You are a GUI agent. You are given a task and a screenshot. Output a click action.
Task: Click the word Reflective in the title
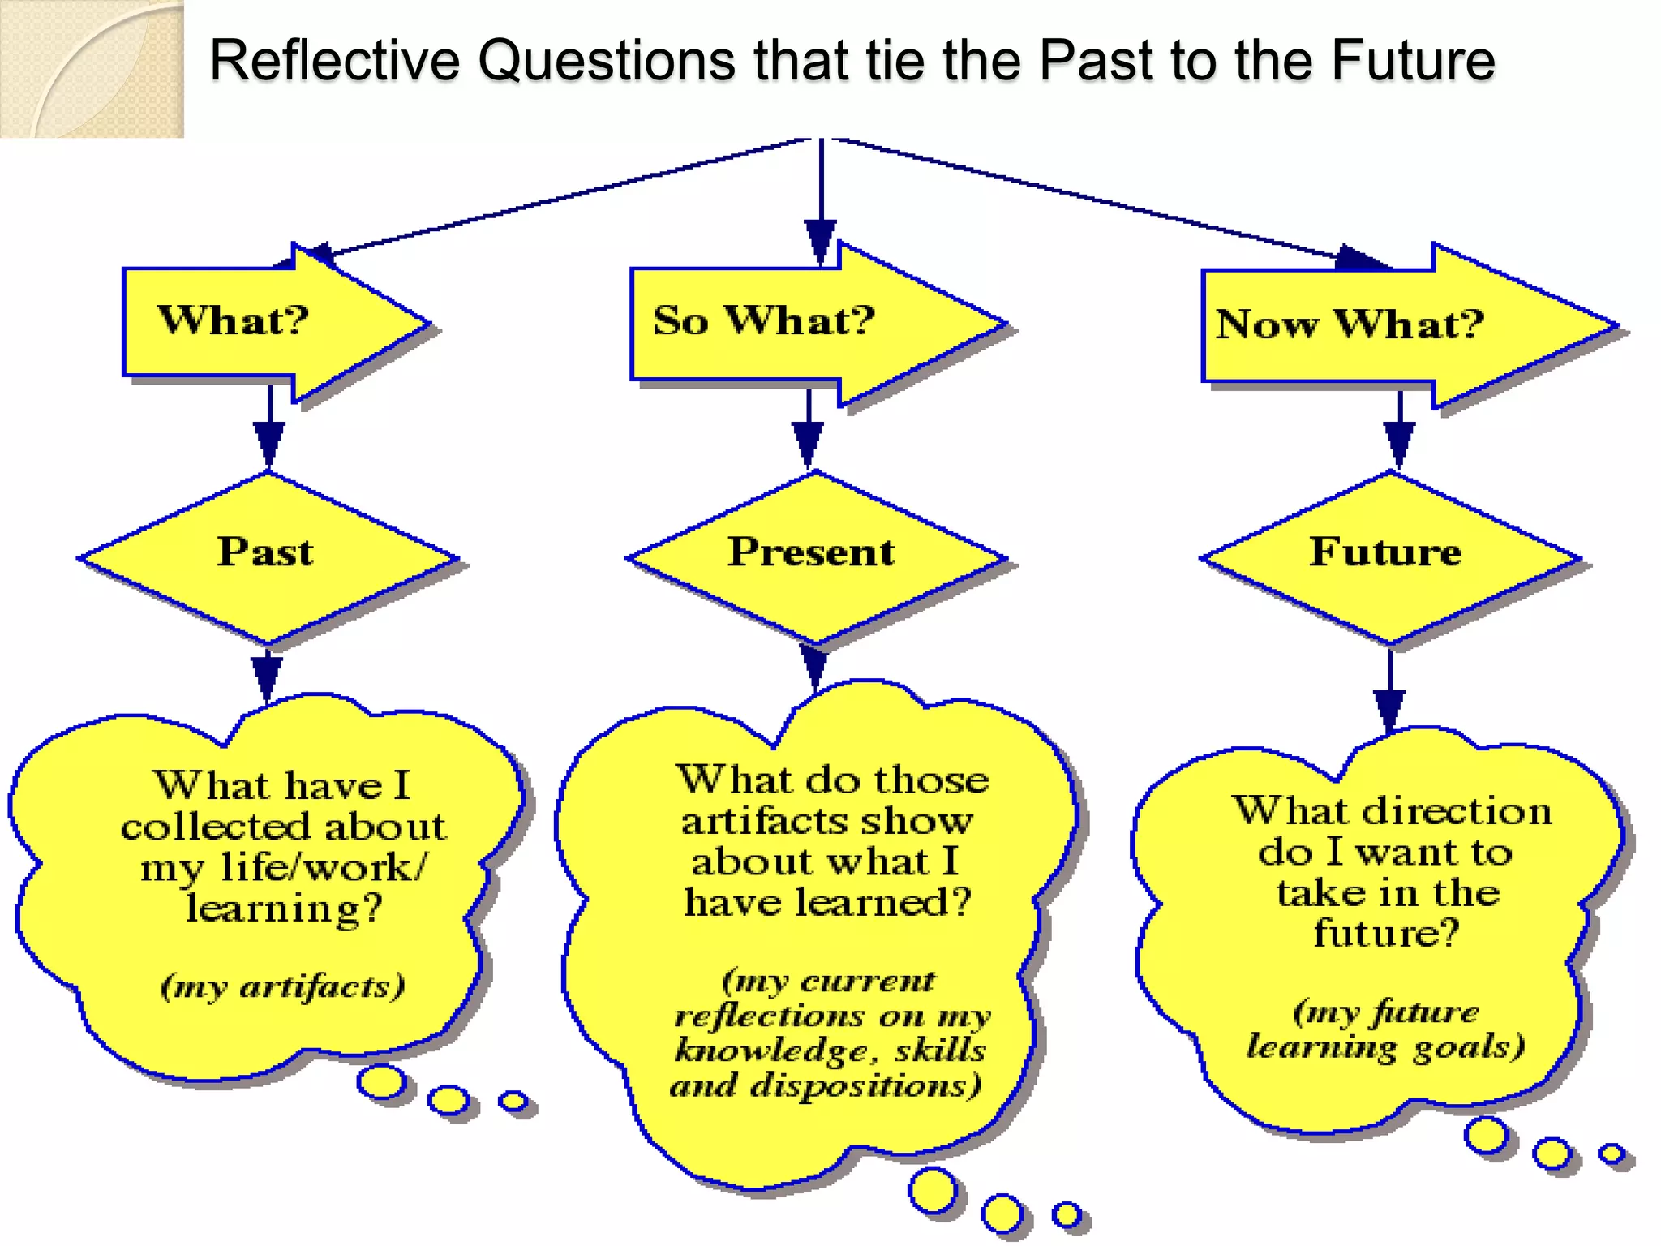point(334,62)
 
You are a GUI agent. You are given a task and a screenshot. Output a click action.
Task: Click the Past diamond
point(267,556)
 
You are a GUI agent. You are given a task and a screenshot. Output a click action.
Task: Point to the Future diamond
point(1388,556)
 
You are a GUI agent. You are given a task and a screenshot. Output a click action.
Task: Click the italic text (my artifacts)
point(283,986)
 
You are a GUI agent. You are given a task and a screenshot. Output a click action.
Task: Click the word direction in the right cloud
point(1457,811)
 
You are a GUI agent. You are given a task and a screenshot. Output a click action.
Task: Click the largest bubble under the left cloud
point(381,1083)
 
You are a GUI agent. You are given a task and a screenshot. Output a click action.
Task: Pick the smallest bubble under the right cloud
point(1611,1153)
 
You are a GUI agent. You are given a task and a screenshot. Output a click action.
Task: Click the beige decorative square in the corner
point(92,69)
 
